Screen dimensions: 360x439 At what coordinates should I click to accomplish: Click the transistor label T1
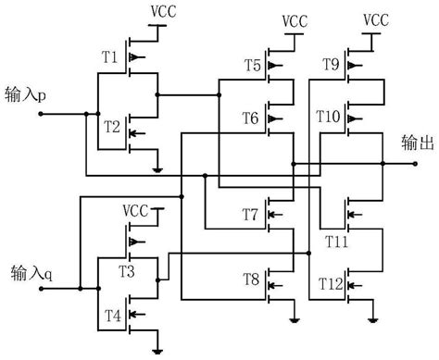[x=109, y=56]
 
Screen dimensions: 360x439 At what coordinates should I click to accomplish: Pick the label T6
[x=251, y=117]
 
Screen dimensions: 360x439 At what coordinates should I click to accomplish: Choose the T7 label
[x=250, y=215]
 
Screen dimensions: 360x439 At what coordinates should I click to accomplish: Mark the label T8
[x=250, y=279]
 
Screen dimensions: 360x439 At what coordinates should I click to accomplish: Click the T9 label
[x=331, y=65]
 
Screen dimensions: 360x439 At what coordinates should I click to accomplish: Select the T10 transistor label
[x=330, y=117]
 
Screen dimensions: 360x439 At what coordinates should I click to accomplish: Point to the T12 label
[x=332, y=279]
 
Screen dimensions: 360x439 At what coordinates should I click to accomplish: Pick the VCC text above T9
[x=376, y=19]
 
